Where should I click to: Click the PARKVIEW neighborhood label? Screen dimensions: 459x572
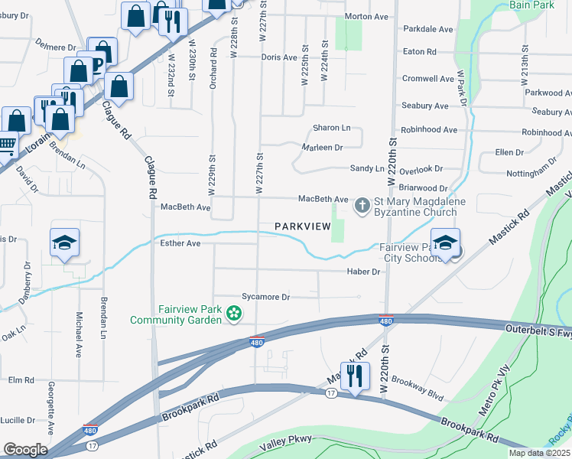pyautogui.click(x=303, y=226)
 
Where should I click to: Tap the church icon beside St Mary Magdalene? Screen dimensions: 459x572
pyautogui.click(x=361, y=206)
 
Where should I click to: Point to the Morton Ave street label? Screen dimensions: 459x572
pyautogui.click(x=366, y=16)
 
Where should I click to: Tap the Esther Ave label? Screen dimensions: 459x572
pyautogui.click(x=180, y=243)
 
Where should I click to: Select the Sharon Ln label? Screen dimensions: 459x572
pyautogui.click(x=331, y=128)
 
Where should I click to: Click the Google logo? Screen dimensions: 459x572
pyautogui.click(x=24, y=449)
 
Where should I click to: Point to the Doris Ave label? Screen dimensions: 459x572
pyautogui.click(x=278, y=57)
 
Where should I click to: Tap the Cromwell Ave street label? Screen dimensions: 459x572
pyautogui.click(x=429, y=79)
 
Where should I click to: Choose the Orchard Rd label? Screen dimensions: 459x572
pyautogui.click(x=213, y=70)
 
